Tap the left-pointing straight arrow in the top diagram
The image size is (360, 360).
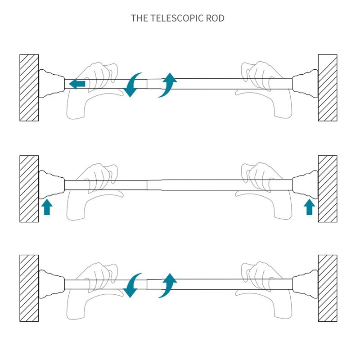(x=77, y=83)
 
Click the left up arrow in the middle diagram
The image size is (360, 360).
(x=48, y=207)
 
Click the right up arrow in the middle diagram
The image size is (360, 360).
(x=309, y=207)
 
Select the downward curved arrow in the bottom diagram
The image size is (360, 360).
(x=132, y=285)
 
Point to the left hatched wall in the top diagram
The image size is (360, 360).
(x=29, y=87)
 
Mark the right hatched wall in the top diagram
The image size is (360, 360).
(x=328, y=87)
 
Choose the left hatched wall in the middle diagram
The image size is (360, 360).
(x=29, y=189)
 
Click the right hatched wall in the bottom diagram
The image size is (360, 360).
(x=328, y=288)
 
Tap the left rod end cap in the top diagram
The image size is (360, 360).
(x=51, y=84)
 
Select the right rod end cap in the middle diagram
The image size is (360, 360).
(x=305, y=185)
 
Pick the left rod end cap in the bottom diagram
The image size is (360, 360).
(x=51, y=284)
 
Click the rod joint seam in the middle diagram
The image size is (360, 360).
(x=147, y=185)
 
